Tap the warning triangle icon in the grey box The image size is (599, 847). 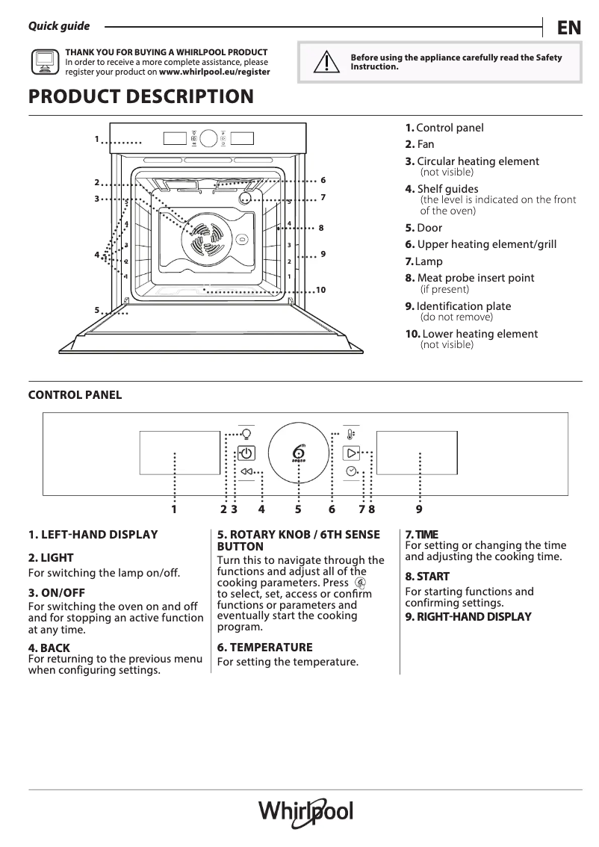323,63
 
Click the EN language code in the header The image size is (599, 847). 568,28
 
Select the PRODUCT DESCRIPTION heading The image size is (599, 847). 140,97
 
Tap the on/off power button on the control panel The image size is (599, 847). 246,453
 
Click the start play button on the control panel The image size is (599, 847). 351,453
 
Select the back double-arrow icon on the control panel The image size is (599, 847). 246,472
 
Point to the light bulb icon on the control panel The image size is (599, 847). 246,433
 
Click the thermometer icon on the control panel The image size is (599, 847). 351,434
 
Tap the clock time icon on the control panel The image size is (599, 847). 351,471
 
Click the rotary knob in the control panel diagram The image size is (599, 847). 299,453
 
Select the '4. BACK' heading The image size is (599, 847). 49,648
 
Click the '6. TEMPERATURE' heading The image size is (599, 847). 264,648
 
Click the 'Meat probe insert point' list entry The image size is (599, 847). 475,278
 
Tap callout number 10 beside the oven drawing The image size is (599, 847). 321,290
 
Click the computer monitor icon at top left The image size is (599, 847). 45,63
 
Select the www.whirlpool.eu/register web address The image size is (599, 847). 214,72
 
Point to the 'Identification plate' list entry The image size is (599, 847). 463,306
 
